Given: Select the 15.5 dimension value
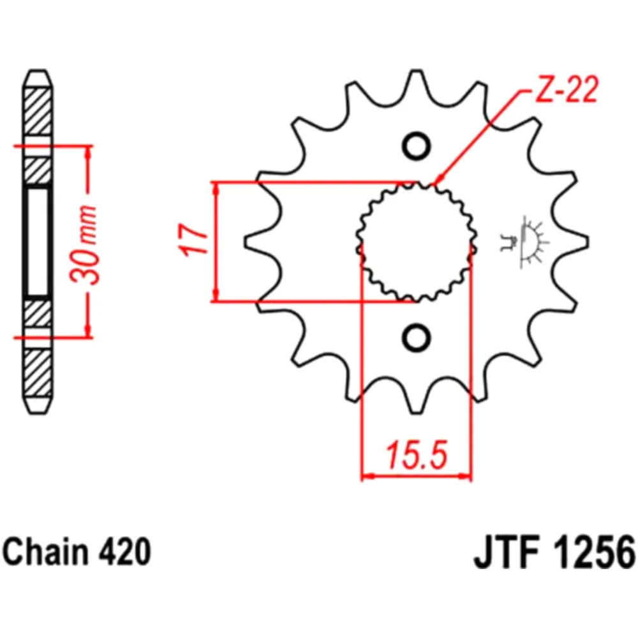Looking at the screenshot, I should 416,456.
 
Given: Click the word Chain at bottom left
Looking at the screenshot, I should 48,551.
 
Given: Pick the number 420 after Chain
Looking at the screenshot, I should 125,551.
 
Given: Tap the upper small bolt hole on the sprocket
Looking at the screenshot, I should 417,146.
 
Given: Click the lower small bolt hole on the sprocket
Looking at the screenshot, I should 417,336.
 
